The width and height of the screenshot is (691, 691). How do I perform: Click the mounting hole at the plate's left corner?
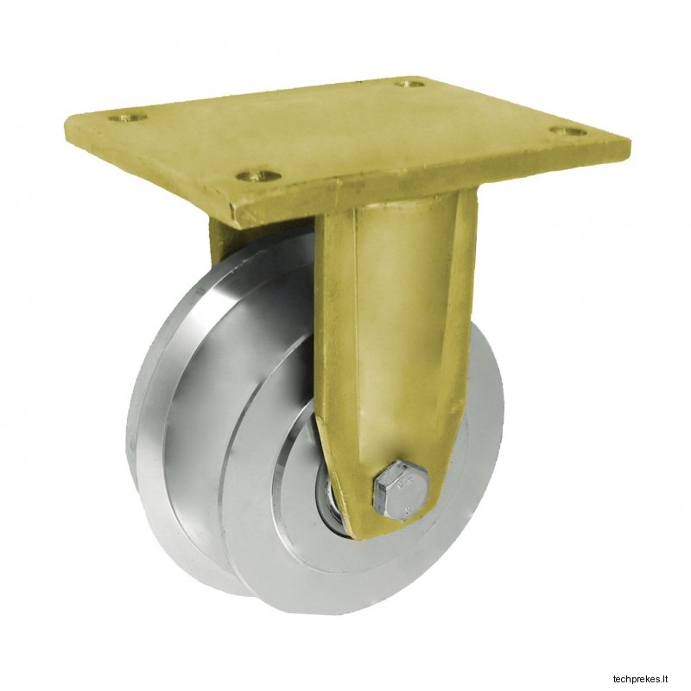coord(128,117)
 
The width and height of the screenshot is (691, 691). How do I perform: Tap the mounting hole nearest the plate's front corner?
coord(258,176)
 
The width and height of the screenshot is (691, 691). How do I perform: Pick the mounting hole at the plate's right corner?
coord(569,131)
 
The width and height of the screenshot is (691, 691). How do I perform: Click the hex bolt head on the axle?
coord(401,488)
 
